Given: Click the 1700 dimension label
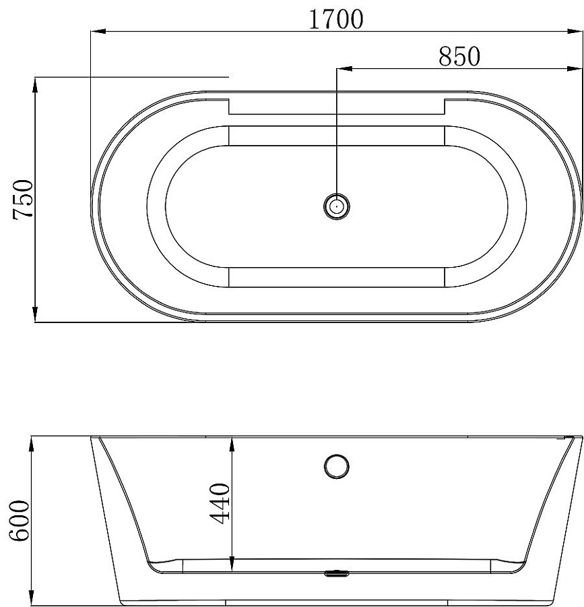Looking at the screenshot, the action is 336,19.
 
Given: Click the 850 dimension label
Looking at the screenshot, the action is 459,57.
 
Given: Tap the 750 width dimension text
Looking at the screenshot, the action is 23,200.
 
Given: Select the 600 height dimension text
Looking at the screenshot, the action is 20,521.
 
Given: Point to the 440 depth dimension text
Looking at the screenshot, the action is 220,503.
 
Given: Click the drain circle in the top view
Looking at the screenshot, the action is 337,206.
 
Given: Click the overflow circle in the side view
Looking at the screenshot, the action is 337,467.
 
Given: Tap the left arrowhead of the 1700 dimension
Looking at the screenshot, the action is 98,31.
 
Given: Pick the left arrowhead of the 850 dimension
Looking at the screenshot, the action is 344,69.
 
